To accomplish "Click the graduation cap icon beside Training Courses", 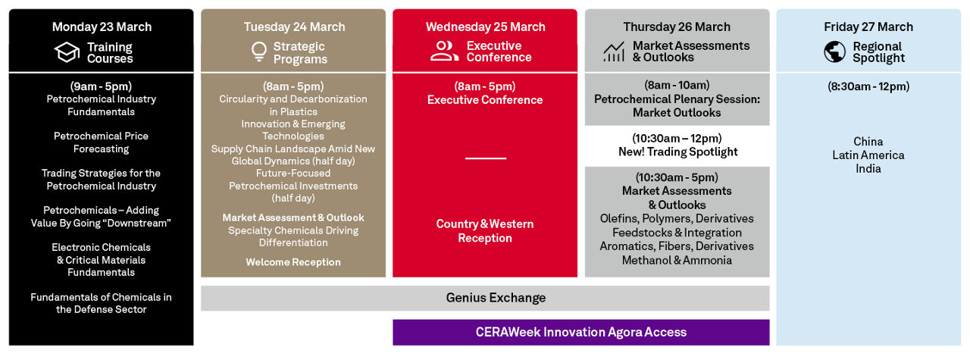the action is coord(67,52).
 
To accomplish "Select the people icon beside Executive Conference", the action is coord(444,51).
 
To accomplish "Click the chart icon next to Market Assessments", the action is coord(614,52).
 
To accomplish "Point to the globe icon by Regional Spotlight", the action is coord(835,52).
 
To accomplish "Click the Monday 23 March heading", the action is coord(102,27).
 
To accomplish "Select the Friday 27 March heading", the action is coord(868,27).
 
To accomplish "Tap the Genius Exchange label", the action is coord(496,298).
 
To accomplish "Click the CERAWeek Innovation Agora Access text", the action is coord(581,332).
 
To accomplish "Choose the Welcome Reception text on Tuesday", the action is coord(293,262).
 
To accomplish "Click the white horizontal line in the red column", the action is coord(486,158).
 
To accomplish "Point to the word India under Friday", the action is coord(868,168).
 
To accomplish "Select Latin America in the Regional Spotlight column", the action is coord(868,155).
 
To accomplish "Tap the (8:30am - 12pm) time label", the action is coord(868,86).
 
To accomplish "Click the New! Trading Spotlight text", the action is coord(677,152).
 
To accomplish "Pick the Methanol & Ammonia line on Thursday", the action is coord(677,261).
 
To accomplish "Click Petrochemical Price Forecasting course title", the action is coord(101,142).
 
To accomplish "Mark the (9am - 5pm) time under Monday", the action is coord(101,86).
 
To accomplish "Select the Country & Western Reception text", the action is coord(485,231).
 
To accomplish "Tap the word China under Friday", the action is coord(868,142).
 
